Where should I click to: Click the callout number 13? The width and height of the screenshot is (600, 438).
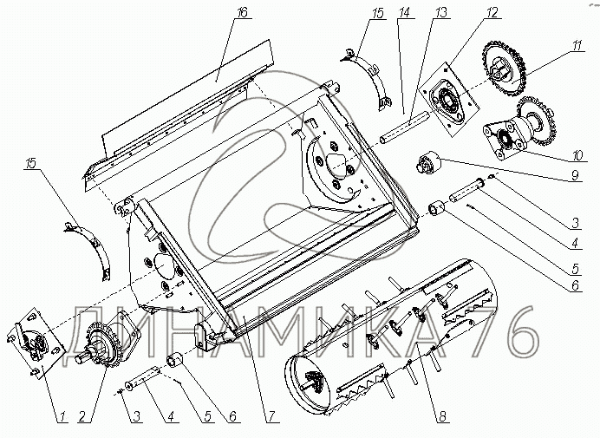442,12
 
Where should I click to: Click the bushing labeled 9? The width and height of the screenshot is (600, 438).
430,163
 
